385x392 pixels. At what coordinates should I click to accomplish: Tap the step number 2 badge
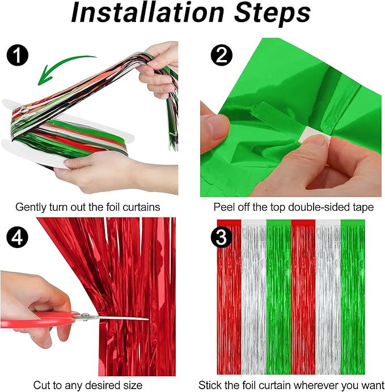221,56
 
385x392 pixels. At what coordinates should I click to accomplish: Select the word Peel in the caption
224,207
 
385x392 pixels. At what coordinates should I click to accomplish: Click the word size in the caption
132,385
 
